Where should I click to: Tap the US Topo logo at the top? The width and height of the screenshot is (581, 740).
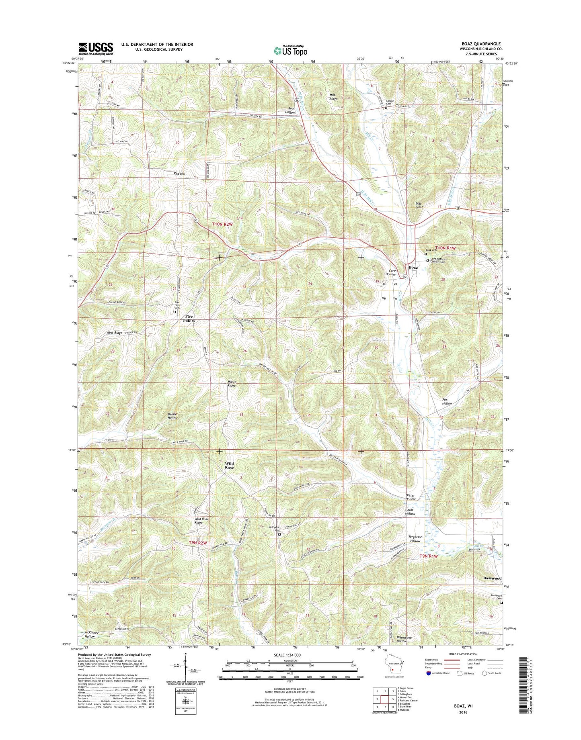290,51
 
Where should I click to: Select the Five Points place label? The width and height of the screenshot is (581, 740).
189,319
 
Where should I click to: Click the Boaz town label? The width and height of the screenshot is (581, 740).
413,267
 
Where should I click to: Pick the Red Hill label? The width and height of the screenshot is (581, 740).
179,174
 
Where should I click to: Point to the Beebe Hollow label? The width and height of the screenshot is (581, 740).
172,416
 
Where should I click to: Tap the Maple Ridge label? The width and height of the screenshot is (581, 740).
232,384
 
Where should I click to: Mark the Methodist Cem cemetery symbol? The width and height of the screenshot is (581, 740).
279,534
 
